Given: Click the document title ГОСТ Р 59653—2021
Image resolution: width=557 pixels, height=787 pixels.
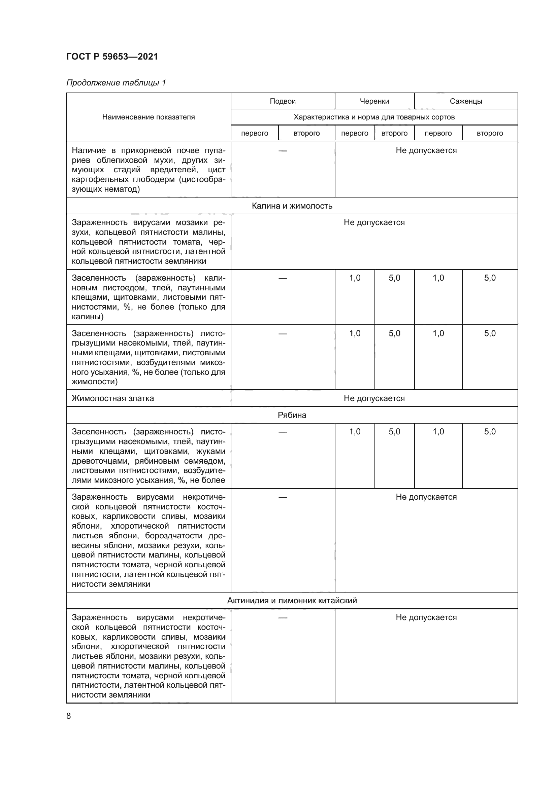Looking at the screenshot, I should point(112,57).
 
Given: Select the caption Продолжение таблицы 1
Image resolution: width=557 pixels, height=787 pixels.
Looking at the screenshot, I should point(116,83).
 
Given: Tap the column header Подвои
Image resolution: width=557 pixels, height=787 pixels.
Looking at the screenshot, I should point(283,101).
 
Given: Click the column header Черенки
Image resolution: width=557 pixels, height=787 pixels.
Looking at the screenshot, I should point(374,101).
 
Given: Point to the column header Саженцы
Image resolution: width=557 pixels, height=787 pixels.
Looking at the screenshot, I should point(466,101).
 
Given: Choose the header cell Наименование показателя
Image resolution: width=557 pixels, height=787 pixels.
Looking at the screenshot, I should point(149,117).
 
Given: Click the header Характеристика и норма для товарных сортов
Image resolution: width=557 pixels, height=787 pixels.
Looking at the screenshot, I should point(374,117).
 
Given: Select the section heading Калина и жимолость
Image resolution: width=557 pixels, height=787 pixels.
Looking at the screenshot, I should point(292,206).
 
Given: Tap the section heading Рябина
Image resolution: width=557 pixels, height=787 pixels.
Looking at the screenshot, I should point(292,415).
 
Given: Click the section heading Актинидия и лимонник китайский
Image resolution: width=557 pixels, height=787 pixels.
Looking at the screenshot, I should point(292,601).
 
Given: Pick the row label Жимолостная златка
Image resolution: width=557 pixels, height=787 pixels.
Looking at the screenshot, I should point(113,398).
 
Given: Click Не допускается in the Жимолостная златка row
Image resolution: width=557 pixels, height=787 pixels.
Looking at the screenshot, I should point(374,398).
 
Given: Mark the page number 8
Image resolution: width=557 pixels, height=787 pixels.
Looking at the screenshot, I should point(69,716).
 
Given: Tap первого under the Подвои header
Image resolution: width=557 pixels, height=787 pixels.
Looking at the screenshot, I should point(255,133).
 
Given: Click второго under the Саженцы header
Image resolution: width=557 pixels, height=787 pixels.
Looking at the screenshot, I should point(490,133).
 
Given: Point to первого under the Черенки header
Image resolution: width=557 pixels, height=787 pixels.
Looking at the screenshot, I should point(355,133).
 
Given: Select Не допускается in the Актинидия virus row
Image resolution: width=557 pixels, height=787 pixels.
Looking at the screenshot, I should point(426,617).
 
